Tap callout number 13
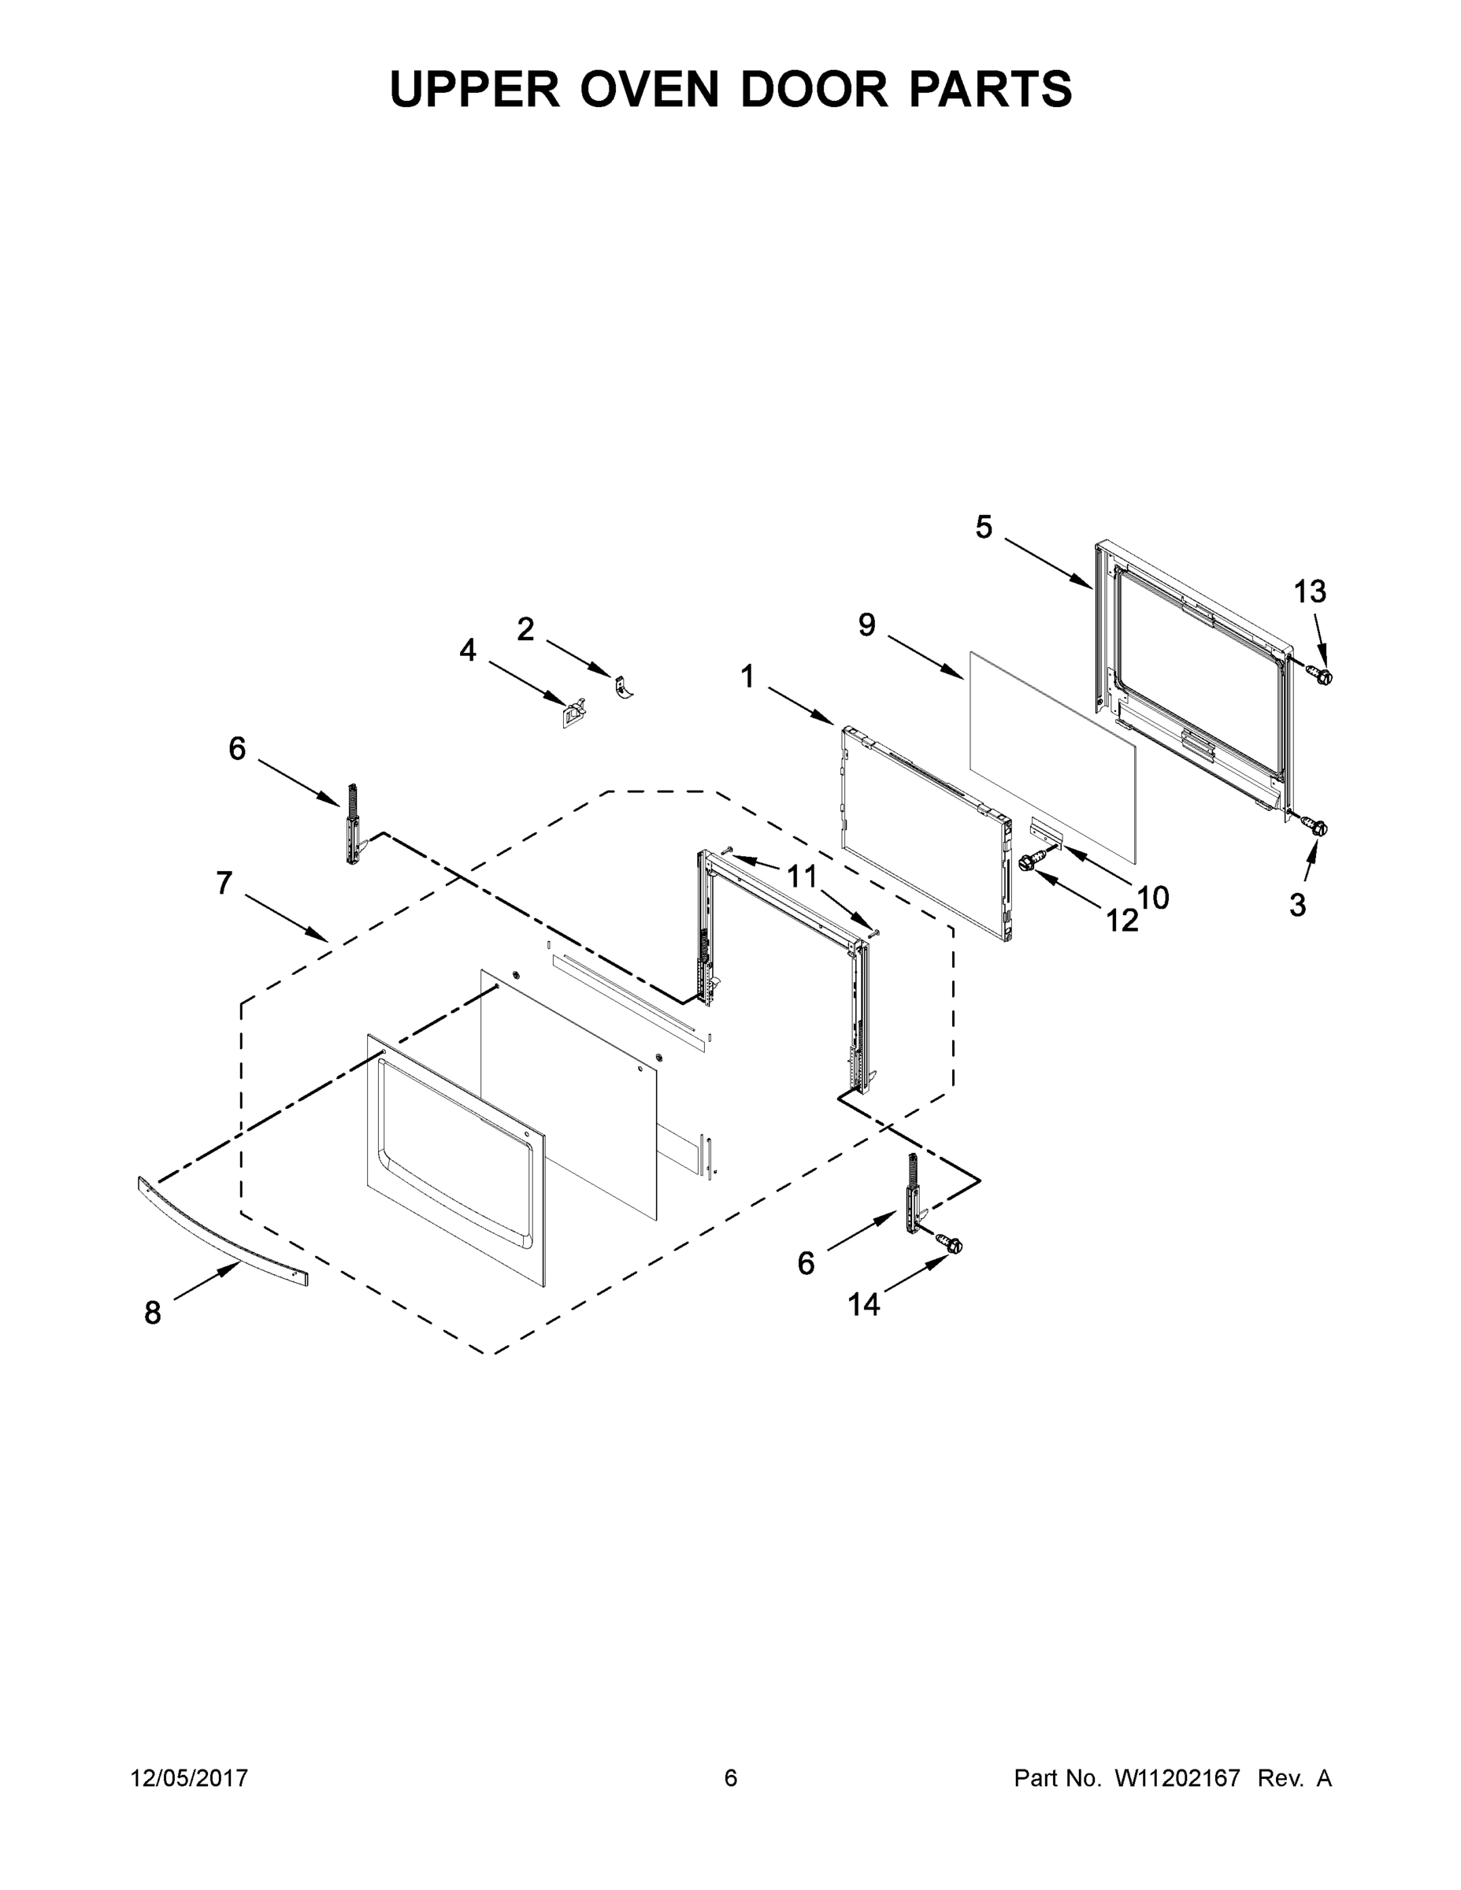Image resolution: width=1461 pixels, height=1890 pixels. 1310,592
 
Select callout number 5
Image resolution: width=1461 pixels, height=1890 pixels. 984,527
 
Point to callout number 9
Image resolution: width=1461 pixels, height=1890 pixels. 866,624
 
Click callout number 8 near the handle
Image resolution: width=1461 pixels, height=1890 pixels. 152,1313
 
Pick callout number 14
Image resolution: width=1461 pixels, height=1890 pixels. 863,1304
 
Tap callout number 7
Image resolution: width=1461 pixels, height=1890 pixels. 224,883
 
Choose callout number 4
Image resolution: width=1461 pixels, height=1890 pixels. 467,650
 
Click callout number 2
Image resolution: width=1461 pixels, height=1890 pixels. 525,629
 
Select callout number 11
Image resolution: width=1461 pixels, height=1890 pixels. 802,876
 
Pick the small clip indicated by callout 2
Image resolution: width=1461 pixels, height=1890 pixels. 623,686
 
